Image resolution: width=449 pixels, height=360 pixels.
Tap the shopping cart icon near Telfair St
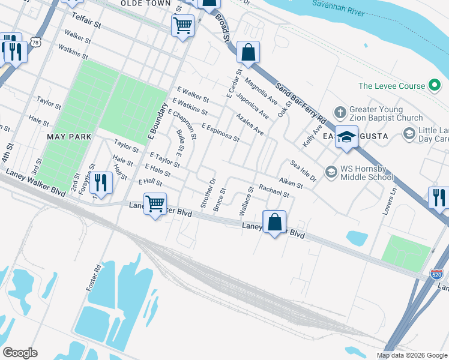point(182,25)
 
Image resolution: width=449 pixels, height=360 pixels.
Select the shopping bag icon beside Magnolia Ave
point(247,52)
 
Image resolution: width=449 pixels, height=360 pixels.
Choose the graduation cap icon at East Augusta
point(346,137)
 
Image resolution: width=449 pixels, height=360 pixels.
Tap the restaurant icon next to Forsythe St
point(101,183)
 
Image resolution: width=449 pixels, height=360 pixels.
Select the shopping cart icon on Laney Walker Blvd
point(155,204)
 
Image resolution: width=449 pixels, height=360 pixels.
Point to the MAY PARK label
point(70,137)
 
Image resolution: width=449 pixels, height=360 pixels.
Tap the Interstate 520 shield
point(436,275)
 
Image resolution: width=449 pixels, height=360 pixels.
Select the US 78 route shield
point(37,43)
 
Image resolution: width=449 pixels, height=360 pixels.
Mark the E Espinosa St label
point(220,133)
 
